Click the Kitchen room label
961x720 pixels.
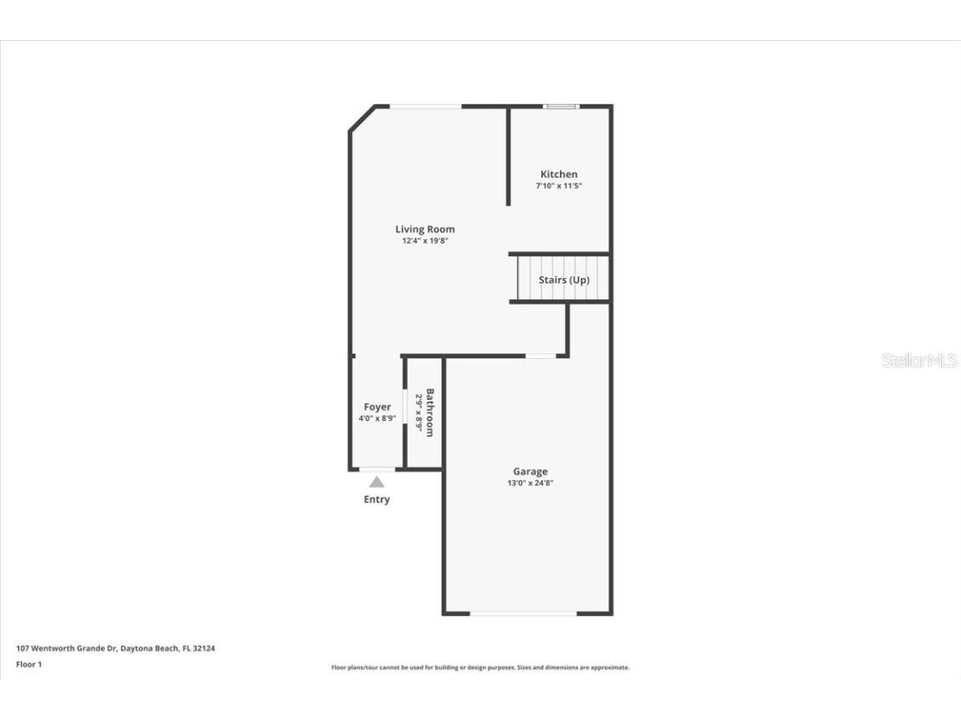click(558, 174)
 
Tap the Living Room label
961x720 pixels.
click(425, 229)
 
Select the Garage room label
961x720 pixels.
click(530, 472)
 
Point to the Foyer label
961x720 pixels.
click(377, 407)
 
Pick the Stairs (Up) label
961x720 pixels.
click(564, 280)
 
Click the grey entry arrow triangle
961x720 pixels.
click(377, 482)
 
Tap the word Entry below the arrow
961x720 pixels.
click(376, 499)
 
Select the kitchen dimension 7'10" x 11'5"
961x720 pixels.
click(558, 186)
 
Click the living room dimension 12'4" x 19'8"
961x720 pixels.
click(425, 241)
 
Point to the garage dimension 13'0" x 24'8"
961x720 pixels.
click(530, 483)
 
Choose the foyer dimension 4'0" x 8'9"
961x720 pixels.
click(377, 418)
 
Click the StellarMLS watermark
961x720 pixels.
click(919, 361)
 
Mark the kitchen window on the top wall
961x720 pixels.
click(561, 107)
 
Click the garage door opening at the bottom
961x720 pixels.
click(523, 613)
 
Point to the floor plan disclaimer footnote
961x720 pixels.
click(480, 667)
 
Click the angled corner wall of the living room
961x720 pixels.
click(360, 117)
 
